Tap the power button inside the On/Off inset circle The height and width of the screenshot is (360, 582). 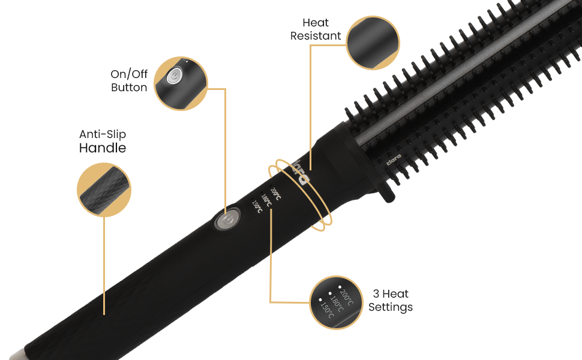click(174, 76)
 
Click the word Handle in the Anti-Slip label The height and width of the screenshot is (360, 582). click(103, 148)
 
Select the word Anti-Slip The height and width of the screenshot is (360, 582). click(103, 134)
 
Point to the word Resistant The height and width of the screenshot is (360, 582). click(316, 36)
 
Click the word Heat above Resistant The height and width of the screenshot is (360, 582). click(316, 23)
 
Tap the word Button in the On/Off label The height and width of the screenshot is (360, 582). click(129, 88)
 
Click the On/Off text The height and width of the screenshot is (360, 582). click(129, 74)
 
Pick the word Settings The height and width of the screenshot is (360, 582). click(391, 307)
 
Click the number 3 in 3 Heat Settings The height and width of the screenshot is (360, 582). click(376, 294)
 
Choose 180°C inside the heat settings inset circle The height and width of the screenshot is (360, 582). click(337, 302)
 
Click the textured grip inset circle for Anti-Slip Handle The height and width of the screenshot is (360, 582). click(104, 189)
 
